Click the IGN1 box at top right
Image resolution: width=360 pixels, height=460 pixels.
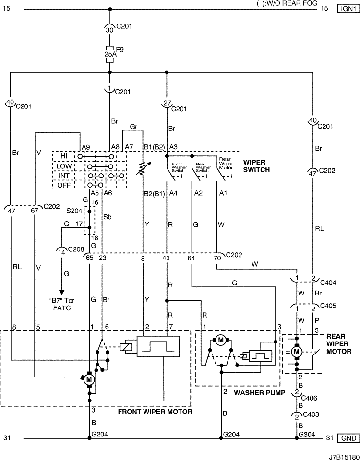348,9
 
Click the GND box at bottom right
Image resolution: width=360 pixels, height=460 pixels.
348,438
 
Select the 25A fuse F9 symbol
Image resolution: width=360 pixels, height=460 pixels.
110,54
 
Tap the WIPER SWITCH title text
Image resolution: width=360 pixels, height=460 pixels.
256,166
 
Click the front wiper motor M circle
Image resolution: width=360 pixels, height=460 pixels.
89,379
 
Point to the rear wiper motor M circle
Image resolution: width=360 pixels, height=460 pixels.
297,352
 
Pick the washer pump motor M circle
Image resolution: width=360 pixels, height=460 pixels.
221,340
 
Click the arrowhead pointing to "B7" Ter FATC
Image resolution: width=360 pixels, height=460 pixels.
61,292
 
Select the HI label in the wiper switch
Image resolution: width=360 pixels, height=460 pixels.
64,156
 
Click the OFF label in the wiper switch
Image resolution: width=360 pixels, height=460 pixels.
64,185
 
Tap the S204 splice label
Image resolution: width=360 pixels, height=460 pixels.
74,211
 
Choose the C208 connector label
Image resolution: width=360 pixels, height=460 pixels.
76,249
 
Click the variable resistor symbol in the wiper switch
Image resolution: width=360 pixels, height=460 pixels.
143,169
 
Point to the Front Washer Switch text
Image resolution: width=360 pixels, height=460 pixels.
179,167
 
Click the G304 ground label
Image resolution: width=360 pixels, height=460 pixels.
307,435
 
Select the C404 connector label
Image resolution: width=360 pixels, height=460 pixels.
328,283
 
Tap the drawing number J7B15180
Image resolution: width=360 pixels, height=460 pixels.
344,457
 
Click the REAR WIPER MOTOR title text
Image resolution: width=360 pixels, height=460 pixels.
338,344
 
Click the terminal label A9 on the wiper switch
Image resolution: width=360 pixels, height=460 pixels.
86,147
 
